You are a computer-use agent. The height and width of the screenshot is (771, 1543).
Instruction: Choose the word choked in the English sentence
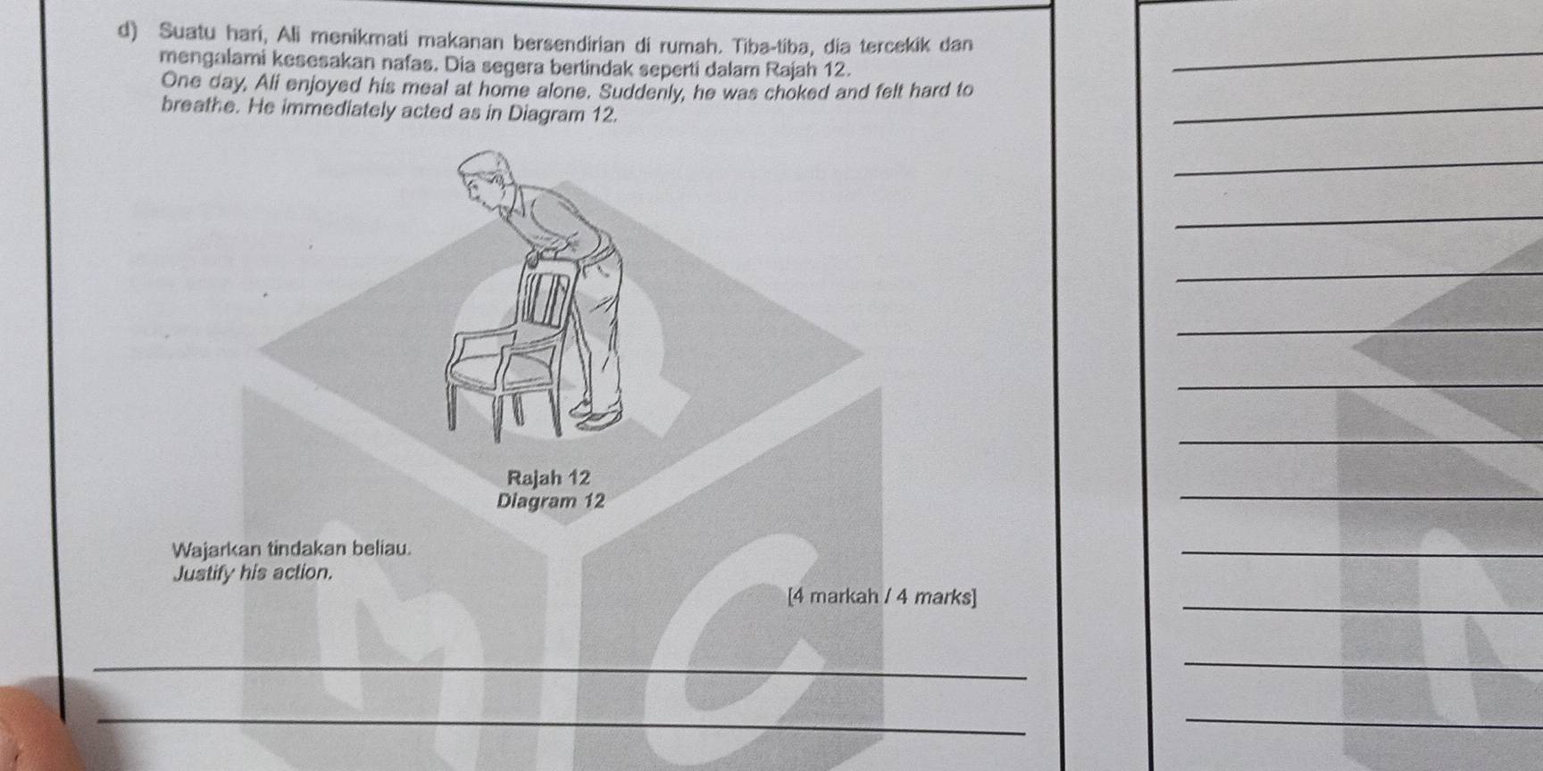point(780,90)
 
